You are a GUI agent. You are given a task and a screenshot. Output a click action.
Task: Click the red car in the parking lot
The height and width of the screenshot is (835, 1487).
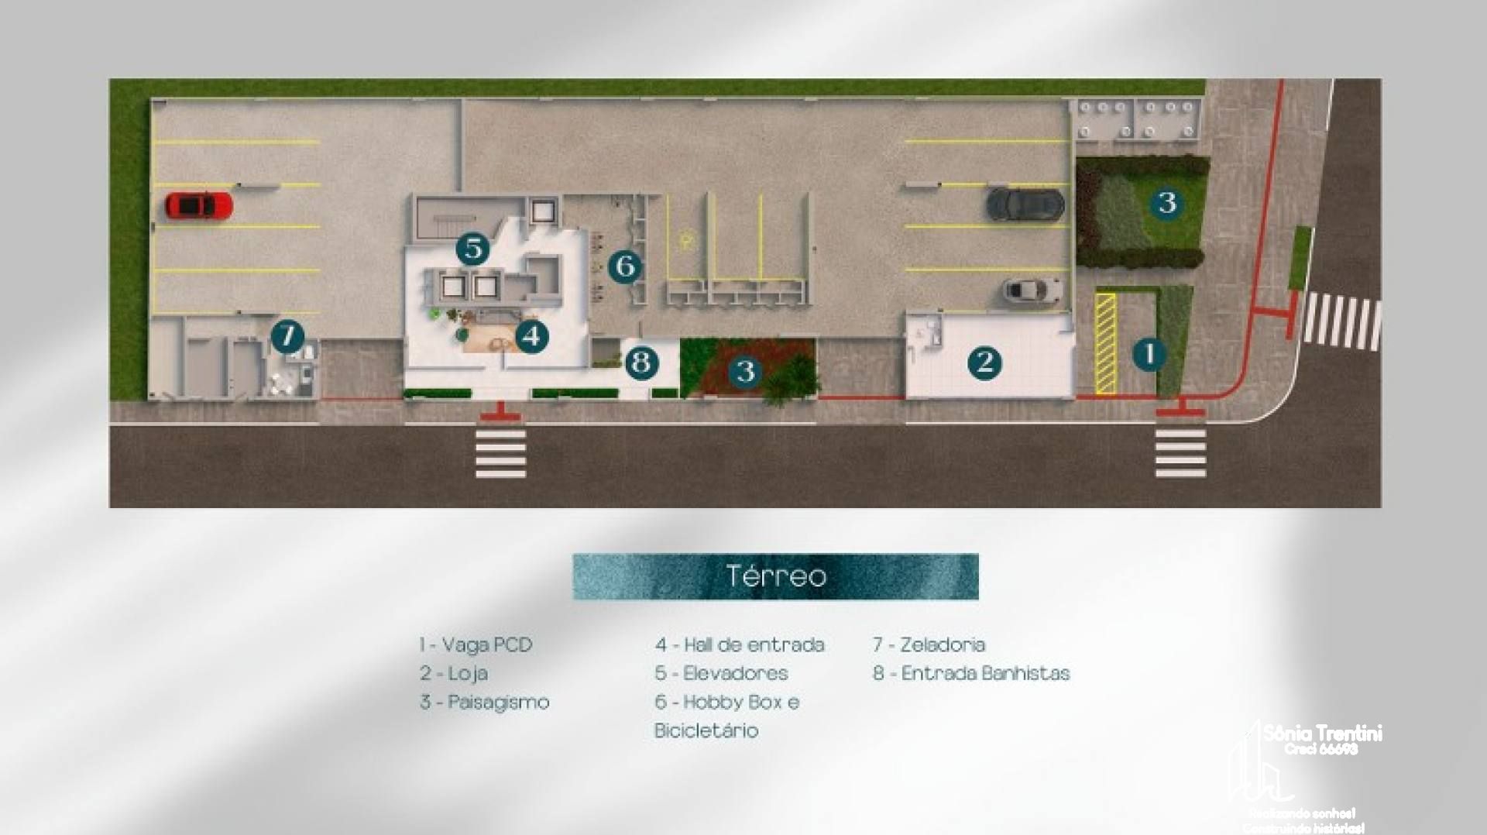tap(198, 205)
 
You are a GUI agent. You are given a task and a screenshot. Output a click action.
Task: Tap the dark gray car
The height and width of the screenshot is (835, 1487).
tap(1025, 204)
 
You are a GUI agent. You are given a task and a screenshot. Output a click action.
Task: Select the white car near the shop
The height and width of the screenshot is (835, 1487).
tap(1032, 290)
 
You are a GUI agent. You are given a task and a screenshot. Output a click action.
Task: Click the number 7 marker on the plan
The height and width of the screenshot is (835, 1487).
tap(287, 337)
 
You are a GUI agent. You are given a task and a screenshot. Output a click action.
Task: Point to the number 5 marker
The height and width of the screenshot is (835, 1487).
tap(472, 249)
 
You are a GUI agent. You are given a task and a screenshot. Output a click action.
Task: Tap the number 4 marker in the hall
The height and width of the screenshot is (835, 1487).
tap(531, 336)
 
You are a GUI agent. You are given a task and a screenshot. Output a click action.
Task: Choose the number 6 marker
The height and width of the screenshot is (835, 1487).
tap(625, 266)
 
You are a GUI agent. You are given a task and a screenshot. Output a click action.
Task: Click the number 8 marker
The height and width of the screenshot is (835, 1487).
tap(641, 363)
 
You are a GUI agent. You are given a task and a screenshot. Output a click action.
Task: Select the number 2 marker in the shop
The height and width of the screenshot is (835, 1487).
tap(984, 363)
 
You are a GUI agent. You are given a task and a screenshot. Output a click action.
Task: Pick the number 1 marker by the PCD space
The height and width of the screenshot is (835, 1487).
tap(1149, 354)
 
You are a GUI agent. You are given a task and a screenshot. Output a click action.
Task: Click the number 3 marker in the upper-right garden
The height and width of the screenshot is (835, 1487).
tap(1166, 203)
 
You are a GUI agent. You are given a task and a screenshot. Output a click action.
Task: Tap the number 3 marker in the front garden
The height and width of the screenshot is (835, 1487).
tap(745, 372)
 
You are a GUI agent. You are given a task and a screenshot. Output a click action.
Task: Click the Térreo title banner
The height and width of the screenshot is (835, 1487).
tap(775, 576)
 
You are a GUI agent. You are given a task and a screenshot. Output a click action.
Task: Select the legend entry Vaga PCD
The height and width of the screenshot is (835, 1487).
tap(476, 644)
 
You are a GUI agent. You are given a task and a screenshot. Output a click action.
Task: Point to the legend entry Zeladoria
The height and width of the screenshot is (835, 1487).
tap(929, 644)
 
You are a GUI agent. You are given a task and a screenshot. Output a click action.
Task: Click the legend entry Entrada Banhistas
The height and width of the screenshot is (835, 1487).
tap(971, 673)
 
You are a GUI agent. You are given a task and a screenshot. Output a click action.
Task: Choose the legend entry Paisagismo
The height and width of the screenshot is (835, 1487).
tap(485, 702)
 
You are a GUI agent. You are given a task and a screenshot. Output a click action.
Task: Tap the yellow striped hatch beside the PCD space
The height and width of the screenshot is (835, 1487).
tap(1105, 343)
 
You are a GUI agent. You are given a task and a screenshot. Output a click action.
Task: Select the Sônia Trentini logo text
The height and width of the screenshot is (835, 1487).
tap(1322, 733)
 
